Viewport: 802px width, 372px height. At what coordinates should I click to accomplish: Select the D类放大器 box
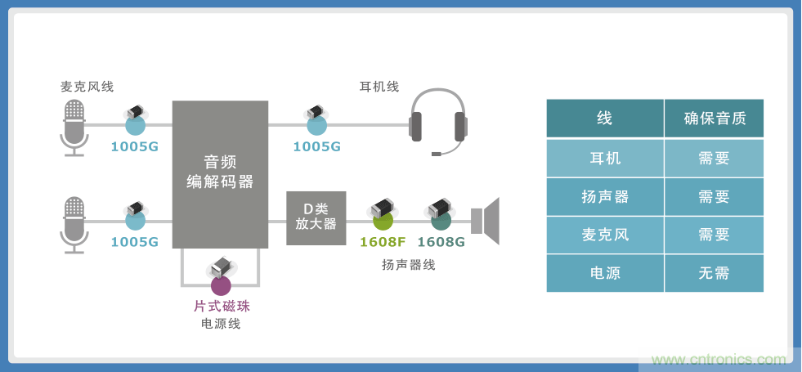[x=316, y=217]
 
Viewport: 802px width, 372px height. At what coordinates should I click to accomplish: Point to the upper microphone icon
[x=74, y=126]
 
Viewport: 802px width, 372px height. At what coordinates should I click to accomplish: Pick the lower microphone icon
[x=74, y=222]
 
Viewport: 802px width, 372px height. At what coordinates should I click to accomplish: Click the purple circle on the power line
[x=221, y=285]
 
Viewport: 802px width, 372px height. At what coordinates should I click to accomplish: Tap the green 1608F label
[x=383, y=241]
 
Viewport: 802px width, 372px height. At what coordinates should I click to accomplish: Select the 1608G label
[x=441, y=241]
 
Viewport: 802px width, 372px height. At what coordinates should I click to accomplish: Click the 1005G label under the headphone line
[x=316, y=146]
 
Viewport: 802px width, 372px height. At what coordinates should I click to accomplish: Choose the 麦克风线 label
[x=87, y=87]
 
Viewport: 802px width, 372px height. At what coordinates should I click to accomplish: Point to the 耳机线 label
[x=379, y=87]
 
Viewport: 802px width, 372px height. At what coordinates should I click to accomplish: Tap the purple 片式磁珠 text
[x=222, y=306]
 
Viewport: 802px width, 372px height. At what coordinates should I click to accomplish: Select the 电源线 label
[x=221, y=324]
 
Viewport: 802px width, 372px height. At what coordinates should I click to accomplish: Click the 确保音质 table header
[x=714, y=119]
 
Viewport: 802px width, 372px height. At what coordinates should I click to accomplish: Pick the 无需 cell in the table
[x=714, y=273]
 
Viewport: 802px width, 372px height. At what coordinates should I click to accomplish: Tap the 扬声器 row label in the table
[x=605, y=197]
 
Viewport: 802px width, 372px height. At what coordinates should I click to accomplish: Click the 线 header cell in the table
[x=605, y=119]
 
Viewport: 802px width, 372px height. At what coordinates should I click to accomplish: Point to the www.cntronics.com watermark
[x=719, y=360]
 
